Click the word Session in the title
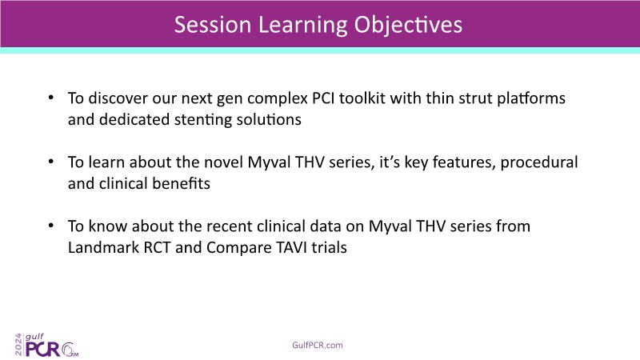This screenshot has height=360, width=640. pos(212,25)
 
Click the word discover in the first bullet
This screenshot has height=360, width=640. pos(118,98)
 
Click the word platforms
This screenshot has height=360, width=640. pos(531,99)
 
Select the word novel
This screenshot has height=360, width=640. pos(223,162)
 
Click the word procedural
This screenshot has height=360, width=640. pos(538,163)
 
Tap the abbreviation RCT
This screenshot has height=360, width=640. pos(157,248)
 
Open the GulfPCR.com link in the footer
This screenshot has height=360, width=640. pos(318,346)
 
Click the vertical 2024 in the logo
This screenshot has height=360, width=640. pos(18,345)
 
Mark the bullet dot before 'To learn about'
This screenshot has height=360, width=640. pos(51,162)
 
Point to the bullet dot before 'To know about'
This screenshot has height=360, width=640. pos(51,226)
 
